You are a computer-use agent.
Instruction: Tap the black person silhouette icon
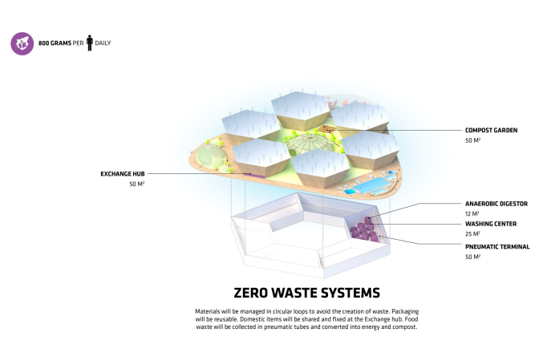coord(90,42)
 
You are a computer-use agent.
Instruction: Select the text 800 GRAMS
coord(55,43)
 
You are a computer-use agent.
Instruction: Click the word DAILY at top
coord(103,43)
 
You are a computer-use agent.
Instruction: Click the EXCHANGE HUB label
coord(122,173)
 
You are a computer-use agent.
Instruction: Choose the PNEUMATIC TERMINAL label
coord(497,246)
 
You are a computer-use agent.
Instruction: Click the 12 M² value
coord(472,214)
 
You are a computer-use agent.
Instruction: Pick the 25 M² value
coord(472,234)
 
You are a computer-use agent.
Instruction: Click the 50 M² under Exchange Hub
coord(136,185)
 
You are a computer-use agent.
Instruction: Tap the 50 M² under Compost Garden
coord(472,140)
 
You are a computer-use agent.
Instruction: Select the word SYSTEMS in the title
coord(335,292)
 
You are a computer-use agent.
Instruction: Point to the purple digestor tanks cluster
coord(367,228)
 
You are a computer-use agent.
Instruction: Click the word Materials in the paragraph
coord(210,310)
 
